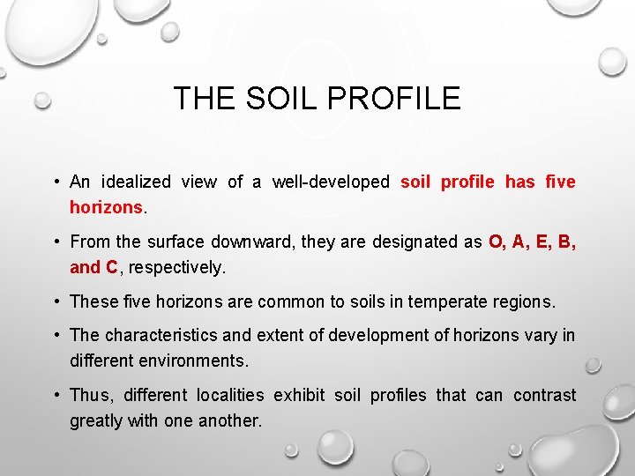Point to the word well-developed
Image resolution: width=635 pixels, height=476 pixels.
tap(331, 182)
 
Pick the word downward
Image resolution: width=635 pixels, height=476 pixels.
tap(250, 242)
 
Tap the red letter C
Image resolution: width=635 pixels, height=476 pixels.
tap(111, 267)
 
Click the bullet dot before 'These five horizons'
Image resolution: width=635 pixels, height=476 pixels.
tap(56, 301)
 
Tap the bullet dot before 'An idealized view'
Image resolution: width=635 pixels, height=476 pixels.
tap(56, 182)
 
